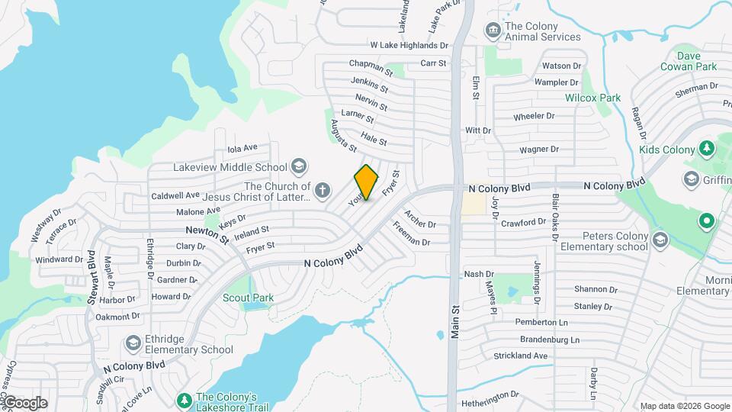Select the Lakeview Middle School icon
pos(299,167)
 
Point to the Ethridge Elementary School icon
pos(133,343)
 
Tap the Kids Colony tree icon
pos(706,148)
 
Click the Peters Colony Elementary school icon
pos(660,240)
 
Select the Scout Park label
pos(244,298)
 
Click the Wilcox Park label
pos(592,98)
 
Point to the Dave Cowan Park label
pos(697,61)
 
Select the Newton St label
pos(206,234)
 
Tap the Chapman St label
pos(370,68)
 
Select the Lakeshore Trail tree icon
pos(183,400)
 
